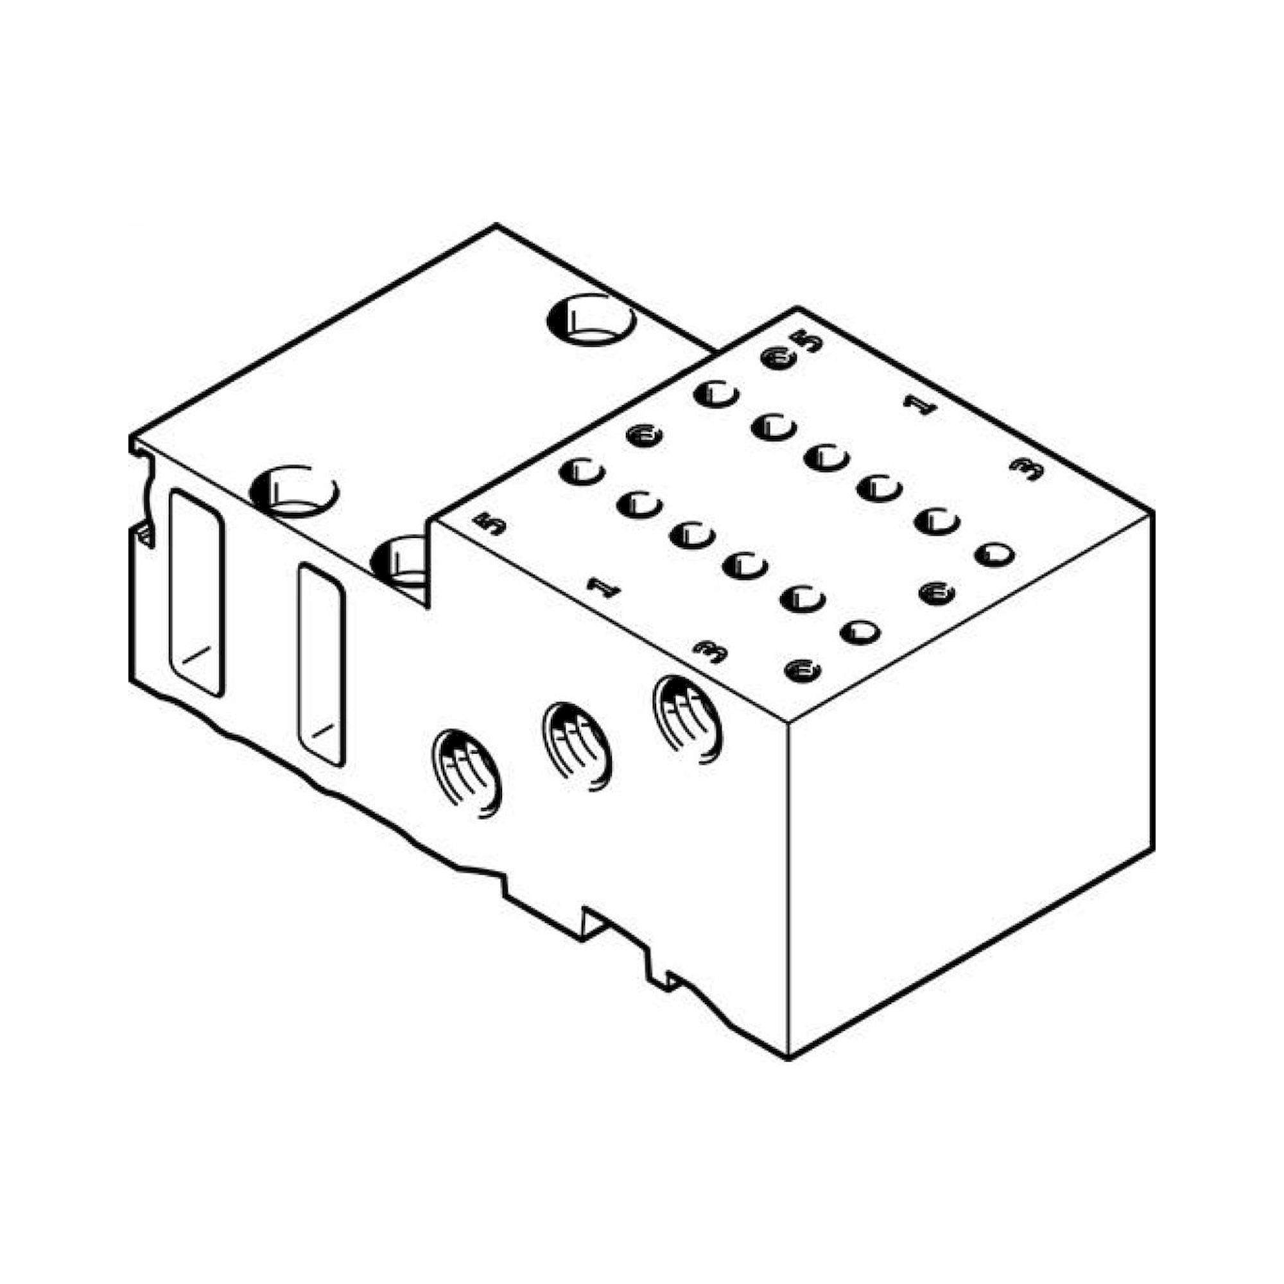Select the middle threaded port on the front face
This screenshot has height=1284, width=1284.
[577, 745]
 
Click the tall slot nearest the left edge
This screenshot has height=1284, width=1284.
[196, 593]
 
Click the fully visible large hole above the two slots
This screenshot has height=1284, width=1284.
[295, 490]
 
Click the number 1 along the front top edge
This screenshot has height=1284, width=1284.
[603, 588]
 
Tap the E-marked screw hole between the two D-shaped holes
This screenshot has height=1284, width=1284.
[937, 592]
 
